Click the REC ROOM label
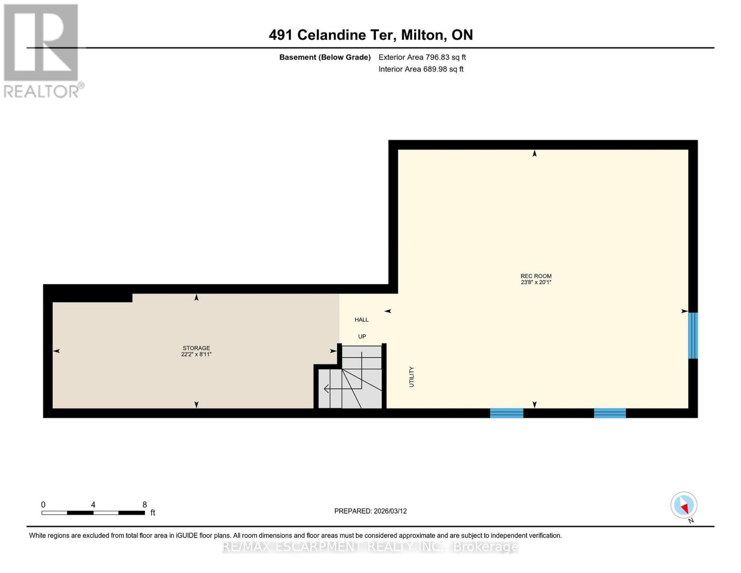point(536,276)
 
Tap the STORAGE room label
point(196,348)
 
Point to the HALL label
point(361,319)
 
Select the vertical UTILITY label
point(411,377)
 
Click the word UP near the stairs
point(362,336)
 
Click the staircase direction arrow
point(326,389)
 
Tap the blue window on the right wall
point(693,335)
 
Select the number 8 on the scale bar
point(145,505)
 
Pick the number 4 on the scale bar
point(93,505)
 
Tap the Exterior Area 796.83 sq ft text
point(422,57)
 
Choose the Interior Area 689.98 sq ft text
point(421,69)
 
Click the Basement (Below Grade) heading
point(324,57)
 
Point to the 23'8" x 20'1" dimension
point(536,282)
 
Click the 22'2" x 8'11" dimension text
point(196,354)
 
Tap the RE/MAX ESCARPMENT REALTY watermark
point(370,547)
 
